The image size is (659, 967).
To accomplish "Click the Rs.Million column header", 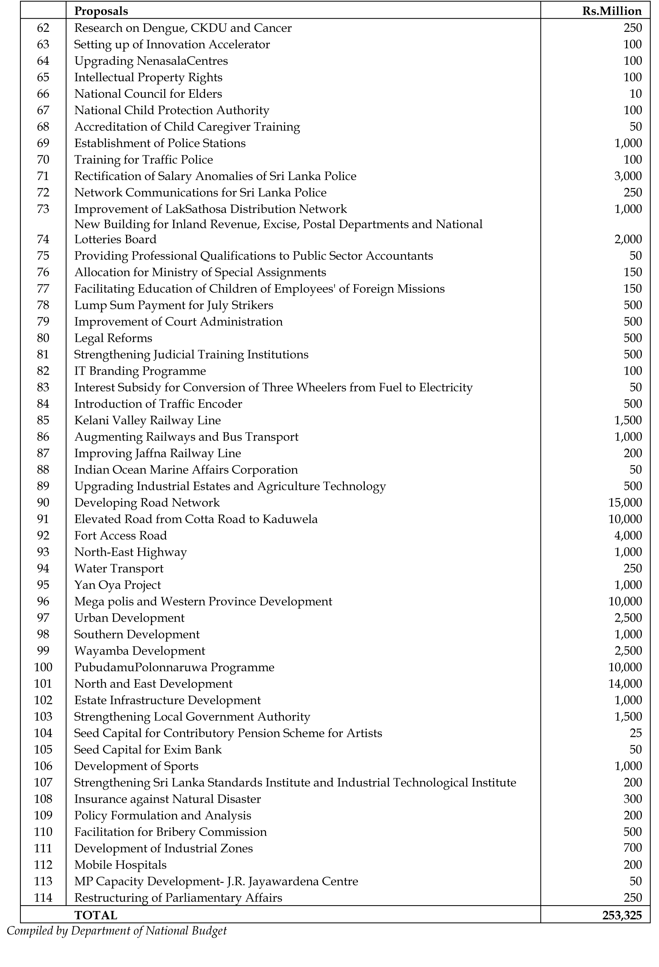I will (611, 11).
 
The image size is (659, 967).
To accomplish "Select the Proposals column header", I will (101, 11).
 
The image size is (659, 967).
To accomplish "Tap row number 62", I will (43, 28).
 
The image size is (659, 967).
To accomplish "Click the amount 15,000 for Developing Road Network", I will (625, 503).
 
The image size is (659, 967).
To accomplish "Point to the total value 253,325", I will (622, 915).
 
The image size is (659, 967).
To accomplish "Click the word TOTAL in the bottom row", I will (96, 915).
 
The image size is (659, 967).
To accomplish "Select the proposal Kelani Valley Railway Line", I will (147, 420).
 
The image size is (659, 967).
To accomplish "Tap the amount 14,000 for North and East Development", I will (625, 684).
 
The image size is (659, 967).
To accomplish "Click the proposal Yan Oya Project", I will (117, 585).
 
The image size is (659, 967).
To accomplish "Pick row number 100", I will (43, 667).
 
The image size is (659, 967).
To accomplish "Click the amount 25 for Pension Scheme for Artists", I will (636, 733).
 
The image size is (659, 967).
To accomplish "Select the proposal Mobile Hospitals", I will (120, 865).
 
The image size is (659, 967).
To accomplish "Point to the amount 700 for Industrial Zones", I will (632, 848).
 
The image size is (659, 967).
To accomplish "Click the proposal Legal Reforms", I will (113, 338).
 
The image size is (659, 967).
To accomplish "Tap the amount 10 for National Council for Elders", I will (636, 94).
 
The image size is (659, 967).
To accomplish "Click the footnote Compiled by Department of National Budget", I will (117, 931).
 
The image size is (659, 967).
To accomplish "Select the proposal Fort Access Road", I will (121, 536).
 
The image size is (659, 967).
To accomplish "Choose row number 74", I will (43, 239).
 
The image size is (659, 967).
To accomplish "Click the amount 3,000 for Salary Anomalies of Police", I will (628, 176).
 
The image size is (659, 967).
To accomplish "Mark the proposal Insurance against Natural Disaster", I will (167, 799).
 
